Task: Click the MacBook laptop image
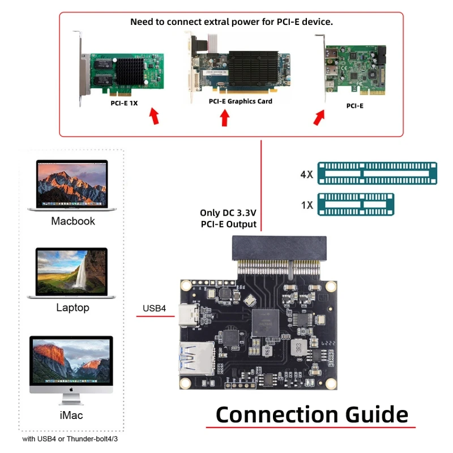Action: [x=72, y=185]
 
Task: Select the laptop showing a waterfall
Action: [x=72, y=273]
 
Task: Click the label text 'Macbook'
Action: [x=73, y=221]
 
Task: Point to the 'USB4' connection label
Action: [x=154, y=309]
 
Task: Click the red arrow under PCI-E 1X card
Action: [x=153, y=118]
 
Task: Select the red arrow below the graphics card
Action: [x=225, y=117]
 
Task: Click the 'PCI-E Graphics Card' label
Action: [x=240, y=101]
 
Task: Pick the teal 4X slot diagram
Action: [x=377, y=173]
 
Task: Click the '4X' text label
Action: [x=306, y=174]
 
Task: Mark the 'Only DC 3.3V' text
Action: [x=228, y=213]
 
